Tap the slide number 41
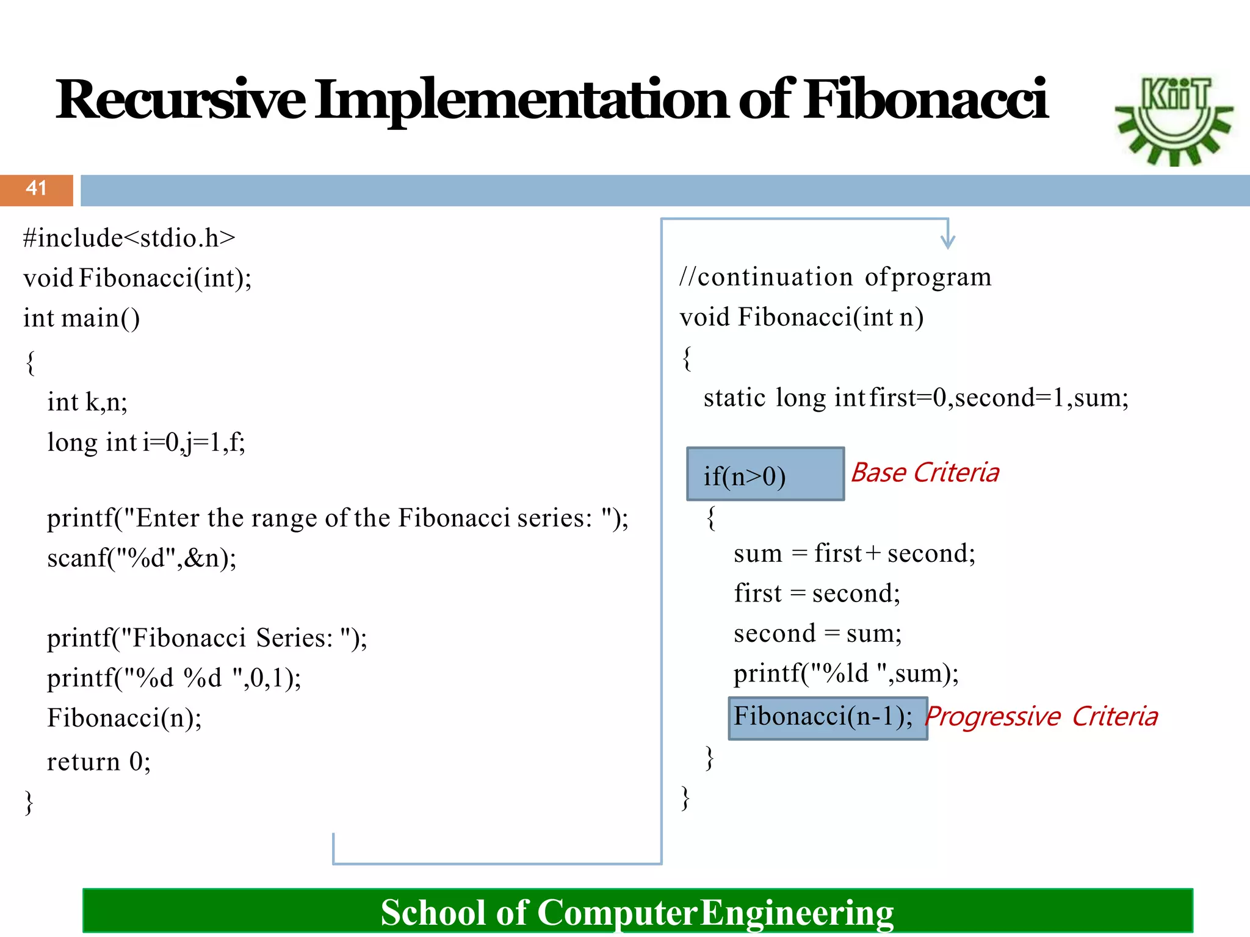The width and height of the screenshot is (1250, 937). pos(37,188)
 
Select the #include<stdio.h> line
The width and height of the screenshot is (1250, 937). pos(129,238)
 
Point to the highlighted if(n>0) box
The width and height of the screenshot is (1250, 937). pos(765,475)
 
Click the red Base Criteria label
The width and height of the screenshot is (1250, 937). pos(925,473)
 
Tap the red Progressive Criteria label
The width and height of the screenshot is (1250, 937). pos(1041,716)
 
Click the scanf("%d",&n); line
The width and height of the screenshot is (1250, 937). pos(142,558)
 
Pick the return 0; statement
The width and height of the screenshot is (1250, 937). pos(99,762)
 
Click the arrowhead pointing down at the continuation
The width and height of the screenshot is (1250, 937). pos(947,240)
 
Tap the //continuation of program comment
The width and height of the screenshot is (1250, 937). pos(835,278)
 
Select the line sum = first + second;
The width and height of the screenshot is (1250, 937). pos(854,554)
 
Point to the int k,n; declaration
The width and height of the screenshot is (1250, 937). pos(87,403)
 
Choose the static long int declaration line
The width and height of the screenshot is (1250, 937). pos(916,398)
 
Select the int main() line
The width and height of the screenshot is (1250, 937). pos(81,318)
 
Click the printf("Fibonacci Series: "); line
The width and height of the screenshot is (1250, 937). pos(207,638)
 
